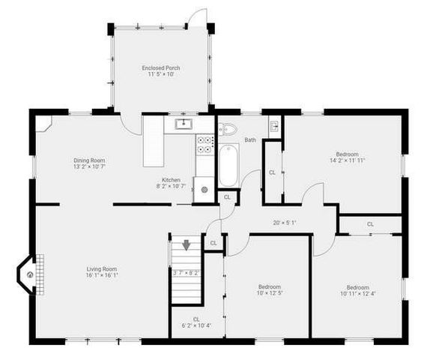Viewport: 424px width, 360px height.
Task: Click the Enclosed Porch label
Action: (x=161, y=68)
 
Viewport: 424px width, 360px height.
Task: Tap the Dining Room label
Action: (x=88, y=160)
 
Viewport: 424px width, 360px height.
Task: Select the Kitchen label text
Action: (x=171, y=179)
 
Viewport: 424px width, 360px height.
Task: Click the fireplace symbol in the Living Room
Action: (x=30, y=274)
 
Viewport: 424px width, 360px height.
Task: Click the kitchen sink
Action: (x=183, y=124)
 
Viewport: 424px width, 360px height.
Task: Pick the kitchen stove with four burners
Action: (x=204, y=144)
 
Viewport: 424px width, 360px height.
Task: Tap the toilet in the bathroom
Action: (x=228, y=129)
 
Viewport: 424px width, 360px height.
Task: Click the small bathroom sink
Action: (x=274, y=126)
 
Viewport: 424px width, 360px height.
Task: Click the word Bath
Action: (x=249, y=140)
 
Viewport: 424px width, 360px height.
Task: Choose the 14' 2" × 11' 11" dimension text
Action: (x=348, y=160)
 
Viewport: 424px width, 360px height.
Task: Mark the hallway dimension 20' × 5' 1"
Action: (x=285, y=222)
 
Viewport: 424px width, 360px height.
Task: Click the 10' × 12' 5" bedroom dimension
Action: (x=269, y=293)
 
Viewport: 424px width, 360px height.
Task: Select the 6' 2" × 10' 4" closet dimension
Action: (x=196, y=325)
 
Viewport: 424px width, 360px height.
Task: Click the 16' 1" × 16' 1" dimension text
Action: (x=103, y=275)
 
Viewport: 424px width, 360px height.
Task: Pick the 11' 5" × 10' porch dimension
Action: (x=161, y=74)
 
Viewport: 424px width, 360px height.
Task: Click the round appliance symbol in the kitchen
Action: (x=204, y=190)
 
